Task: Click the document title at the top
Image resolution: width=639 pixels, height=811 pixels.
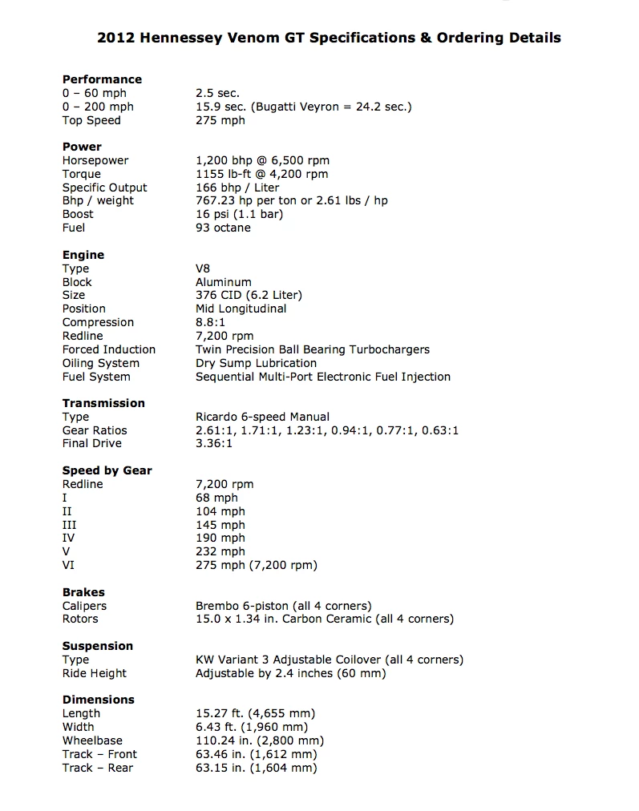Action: pyautogui.click(x=329, y=38)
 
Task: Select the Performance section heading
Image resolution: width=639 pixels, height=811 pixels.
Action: pyautogui.click(x=102, y=79)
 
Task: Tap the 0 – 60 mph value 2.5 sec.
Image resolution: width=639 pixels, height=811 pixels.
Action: pyautogui.click(x=217, y=93)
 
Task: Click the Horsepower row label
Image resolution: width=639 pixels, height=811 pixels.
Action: pyautogui.click(x=95, y=160)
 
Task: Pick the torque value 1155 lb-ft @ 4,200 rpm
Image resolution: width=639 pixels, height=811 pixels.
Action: pyautogui.click(x=261, y=174)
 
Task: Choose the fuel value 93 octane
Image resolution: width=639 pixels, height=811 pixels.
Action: pyautogui.click(x=223, y=228)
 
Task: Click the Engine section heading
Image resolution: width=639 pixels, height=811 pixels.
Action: pyautogui.click(x=83, y=255)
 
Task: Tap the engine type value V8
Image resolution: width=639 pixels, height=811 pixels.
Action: pyautogui.click(x=203, y=268)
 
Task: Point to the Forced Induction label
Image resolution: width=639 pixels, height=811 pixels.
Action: pyautogui.click(x=109, y=349)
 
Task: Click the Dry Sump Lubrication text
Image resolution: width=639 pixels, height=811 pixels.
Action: pyautogui.click(x=256, y=363)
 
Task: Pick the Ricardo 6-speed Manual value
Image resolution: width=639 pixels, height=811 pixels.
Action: pyautogui.click(x=262, y=417)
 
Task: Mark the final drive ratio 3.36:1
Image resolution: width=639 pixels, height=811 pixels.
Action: pyautogui.click(x=214, y=443)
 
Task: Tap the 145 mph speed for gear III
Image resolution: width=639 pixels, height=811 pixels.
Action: pyautogui.click(x=220, y=525)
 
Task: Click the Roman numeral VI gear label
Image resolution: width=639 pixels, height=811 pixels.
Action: pyautogui.click(x=68, y=565)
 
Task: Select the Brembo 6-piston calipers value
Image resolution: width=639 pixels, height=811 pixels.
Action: pyautogui.click(x=283, y=606)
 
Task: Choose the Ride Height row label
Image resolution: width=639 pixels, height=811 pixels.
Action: pyautogui.click(x=95, y=673)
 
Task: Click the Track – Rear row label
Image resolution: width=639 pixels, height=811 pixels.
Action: pyautogui.click(x=98, y=768)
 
